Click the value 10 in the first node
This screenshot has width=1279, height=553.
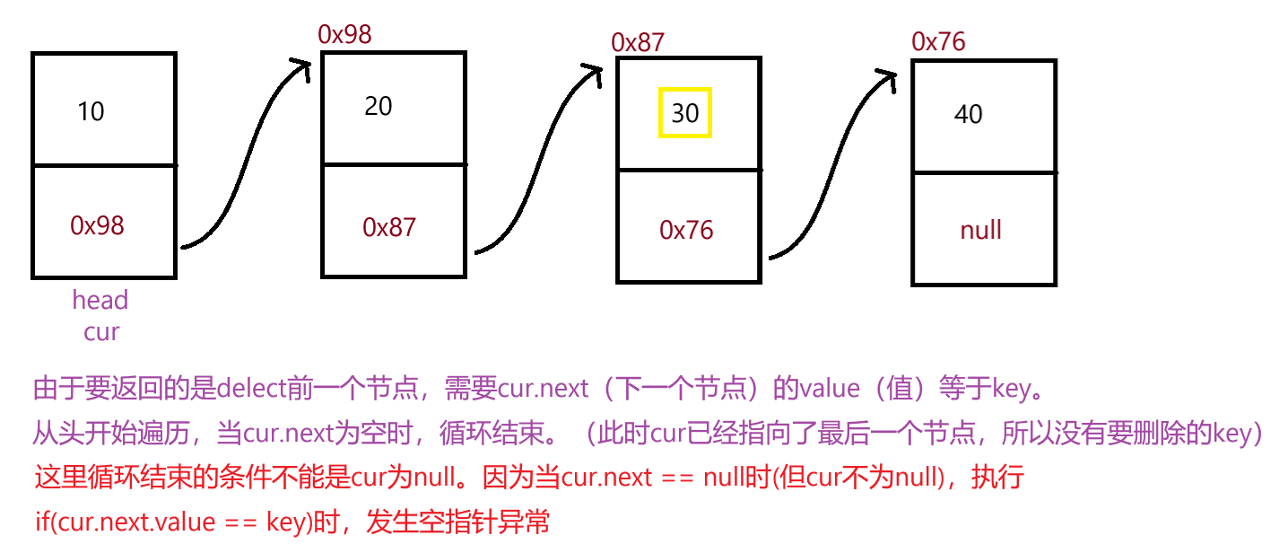91,112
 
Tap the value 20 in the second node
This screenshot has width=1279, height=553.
378,107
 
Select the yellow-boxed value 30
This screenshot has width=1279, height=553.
685,113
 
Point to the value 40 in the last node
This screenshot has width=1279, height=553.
969,115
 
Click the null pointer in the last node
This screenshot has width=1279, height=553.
980,231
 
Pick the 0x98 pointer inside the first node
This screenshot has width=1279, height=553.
97,226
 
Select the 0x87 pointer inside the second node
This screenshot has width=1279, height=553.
389,227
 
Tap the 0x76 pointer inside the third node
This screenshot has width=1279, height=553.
686,231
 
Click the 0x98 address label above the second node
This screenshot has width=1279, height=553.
344,34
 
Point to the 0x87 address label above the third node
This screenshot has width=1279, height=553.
638,42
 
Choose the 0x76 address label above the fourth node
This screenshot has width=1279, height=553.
938,41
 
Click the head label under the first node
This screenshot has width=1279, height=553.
100,300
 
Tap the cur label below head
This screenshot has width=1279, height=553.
101,332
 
